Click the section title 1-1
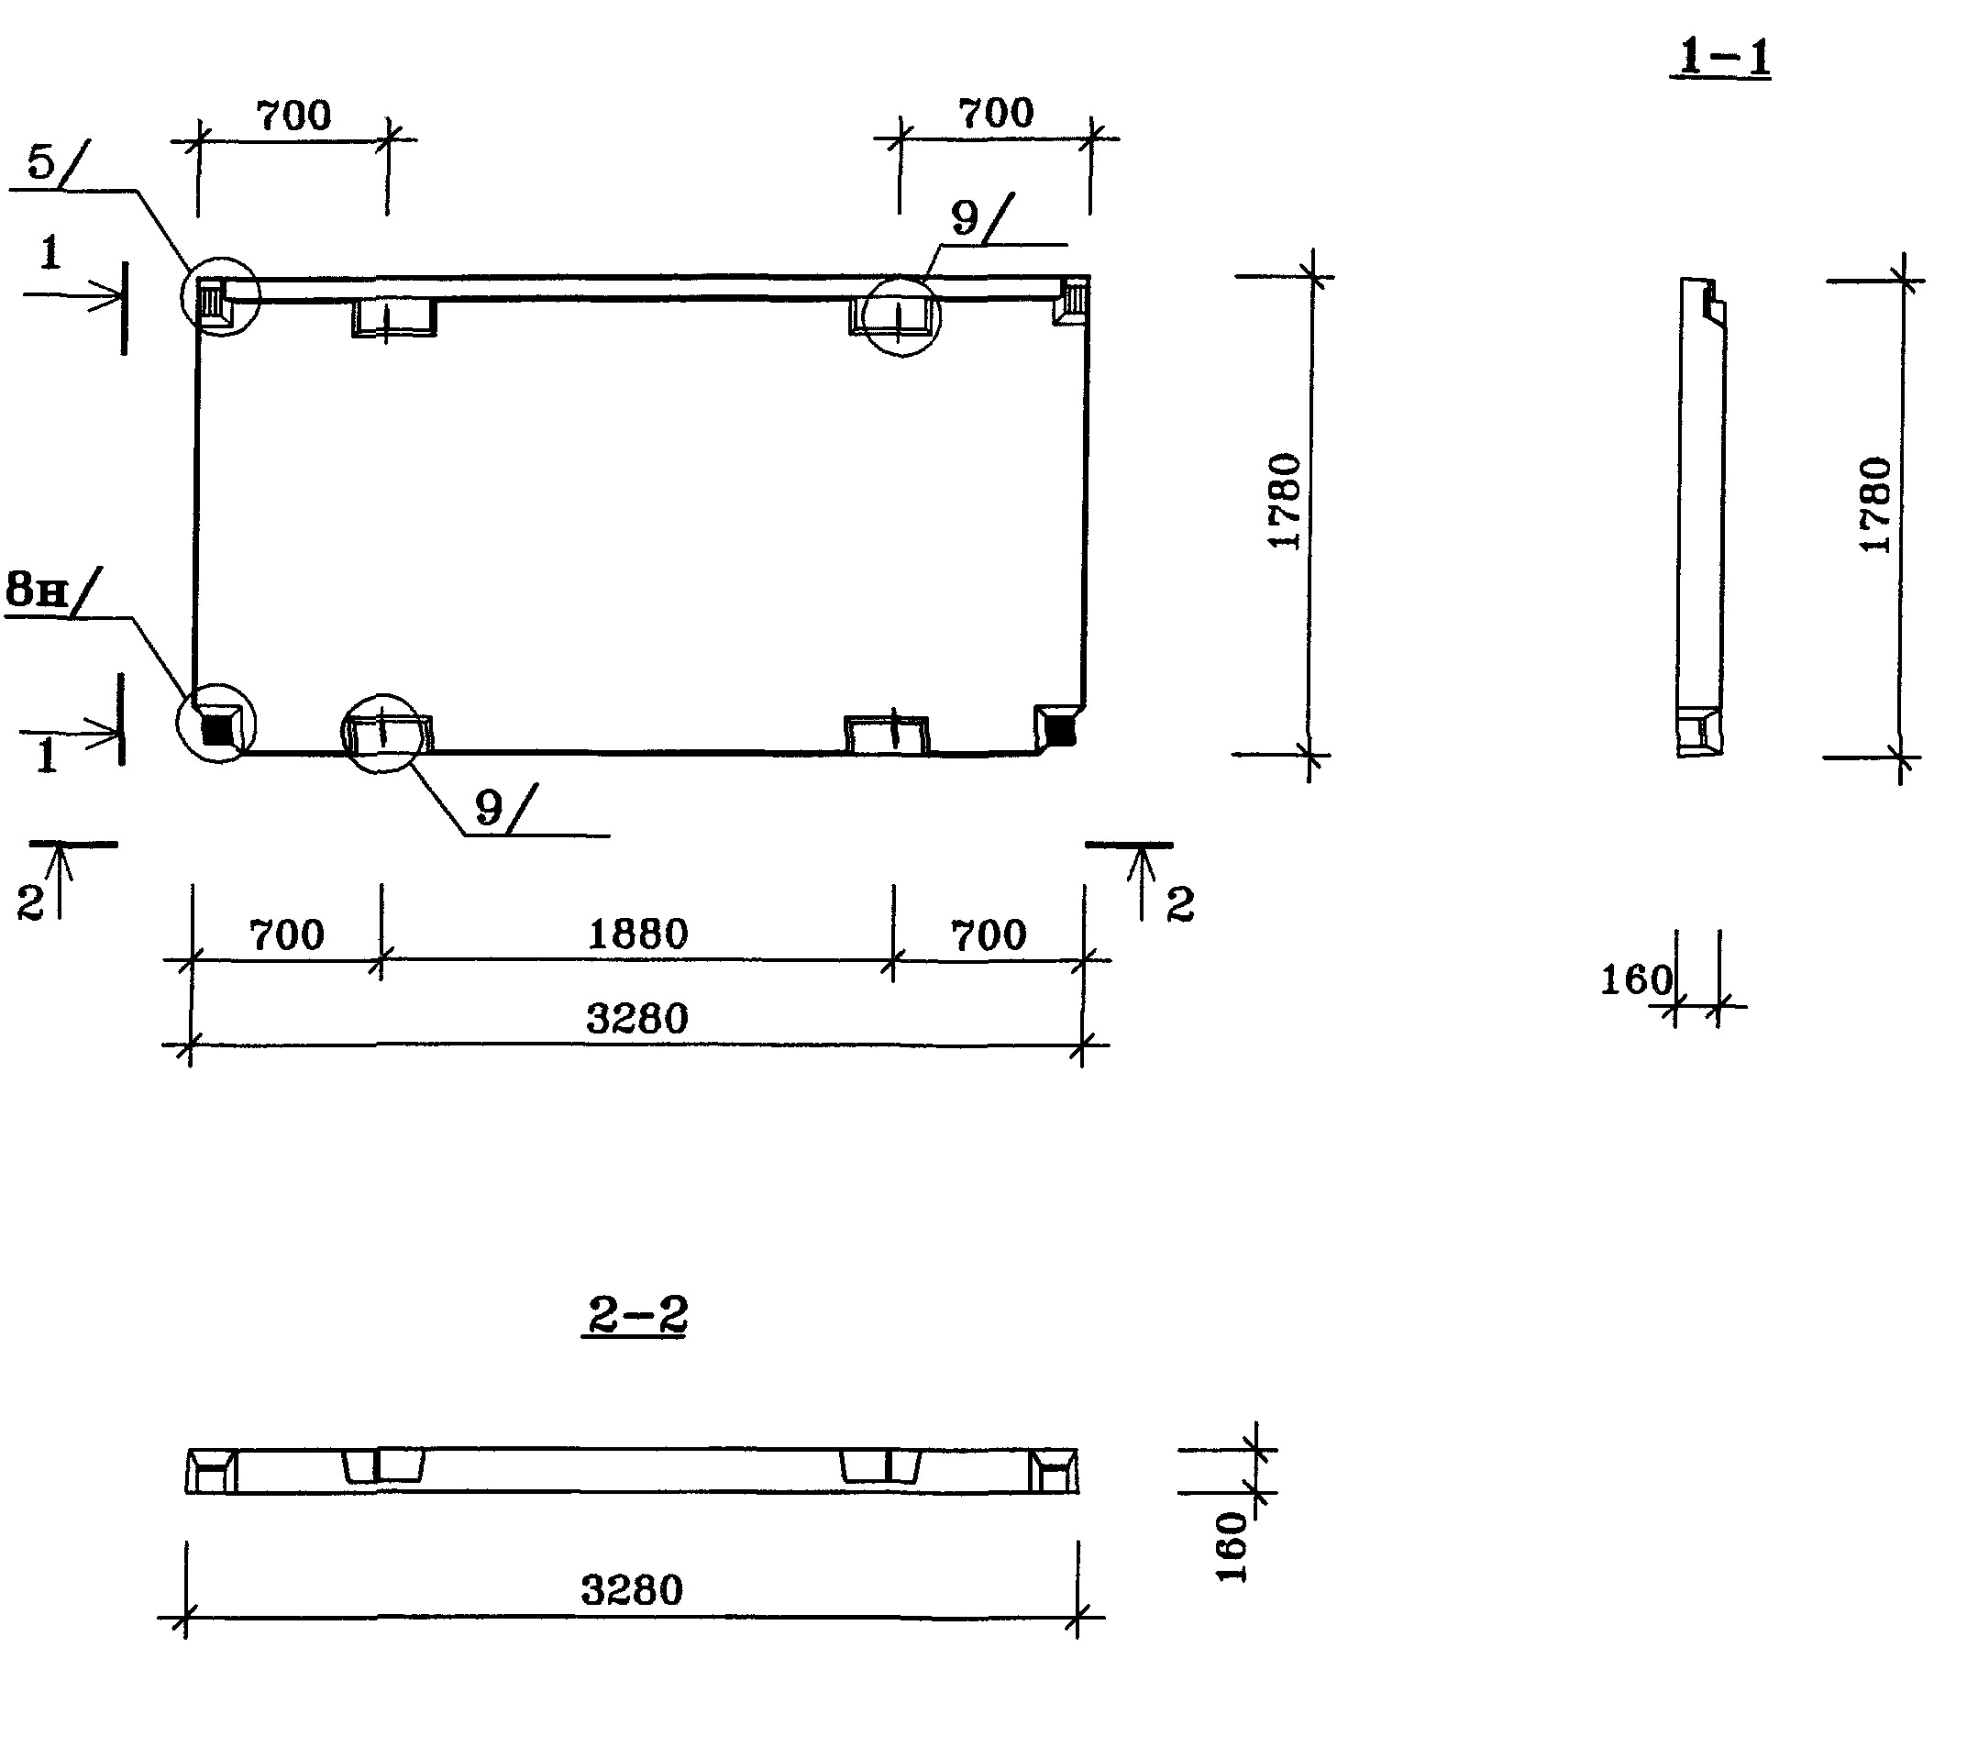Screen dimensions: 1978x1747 pyautogui.click(x=1723, y=58)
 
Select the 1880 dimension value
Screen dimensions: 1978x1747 pyautogui.click(x=637, y=934)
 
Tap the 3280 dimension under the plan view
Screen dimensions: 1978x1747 pyautogui.click(x=636, y=1019)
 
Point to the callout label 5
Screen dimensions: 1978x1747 pyautogui.click(x=41, y=161)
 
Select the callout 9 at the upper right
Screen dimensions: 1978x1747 pyautogui.click(x=965, y=217)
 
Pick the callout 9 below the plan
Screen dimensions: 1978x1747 pyautogui.click(x=490, y=807)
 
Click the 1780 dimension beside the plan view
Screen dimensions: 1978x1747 pyautogui.click(x=1284, y=502)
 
